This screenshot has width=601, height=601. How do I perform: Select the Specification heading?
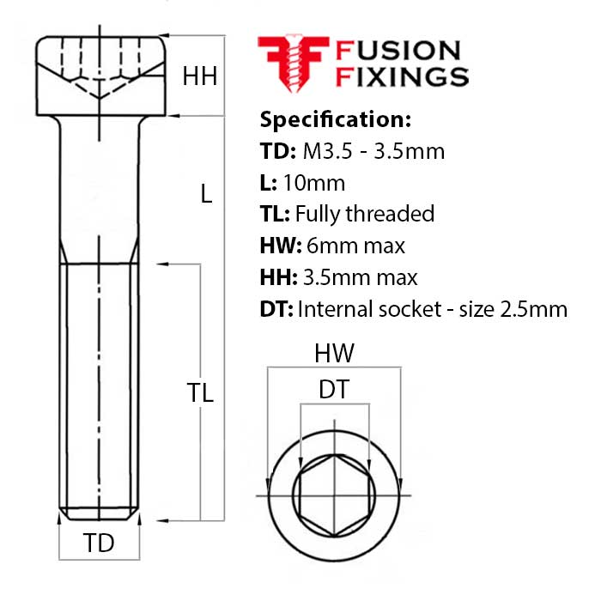(x=336, y=118)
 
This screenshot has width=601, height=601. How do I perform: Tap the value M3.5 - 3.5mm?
(x=373, y=151)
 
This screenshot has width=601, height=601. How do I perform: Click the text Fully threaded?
(x=364, y=214)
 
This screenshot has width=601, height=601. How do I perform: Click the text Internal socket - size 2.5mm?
(x=432, y=309)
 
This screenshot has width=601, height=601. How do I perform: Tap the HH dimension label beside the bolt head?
(x=199, y=76)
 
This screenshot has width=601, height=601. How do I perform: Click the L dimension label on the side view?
(x=205, y=194)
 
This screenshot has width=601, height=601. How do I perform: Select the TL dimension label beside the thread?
(x=199, y=392)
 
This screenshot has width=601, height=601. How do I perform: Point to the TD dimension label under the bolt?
(x=99, y=543)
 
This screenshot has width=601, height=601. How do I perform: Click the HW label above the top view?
(x=334, y=352)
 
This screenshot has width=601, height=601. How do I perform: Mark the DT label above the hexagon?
(x=333, y=390)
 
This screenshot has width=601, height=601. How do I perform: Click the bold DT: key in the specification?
(x=276, y=309)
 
